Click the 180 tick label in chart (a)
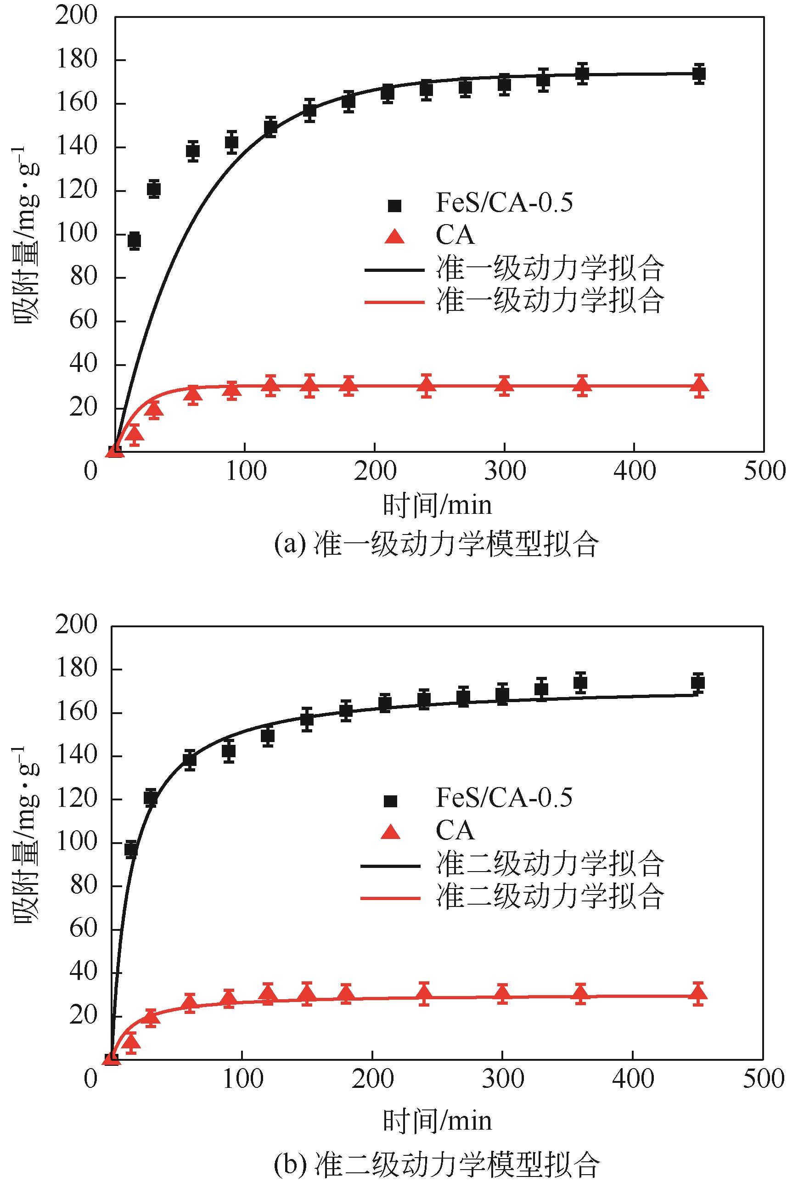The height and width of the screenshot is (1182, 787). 76,60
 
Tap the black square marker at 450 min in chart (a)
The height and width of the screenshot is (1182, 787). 699,74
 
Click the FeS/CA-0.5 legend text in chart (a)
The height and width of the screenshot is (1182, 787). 504,203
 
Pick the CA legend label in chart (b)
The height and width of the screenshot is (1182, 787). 455,831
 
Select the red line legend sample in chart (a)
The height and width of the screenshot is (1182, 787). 394,302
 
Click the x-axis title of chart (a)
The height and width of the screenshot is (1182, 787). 437,506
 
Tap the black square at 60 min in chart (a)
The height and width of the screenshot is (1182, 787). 193,151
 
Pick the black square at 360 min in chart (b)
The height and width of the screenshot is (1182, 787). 580,682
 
